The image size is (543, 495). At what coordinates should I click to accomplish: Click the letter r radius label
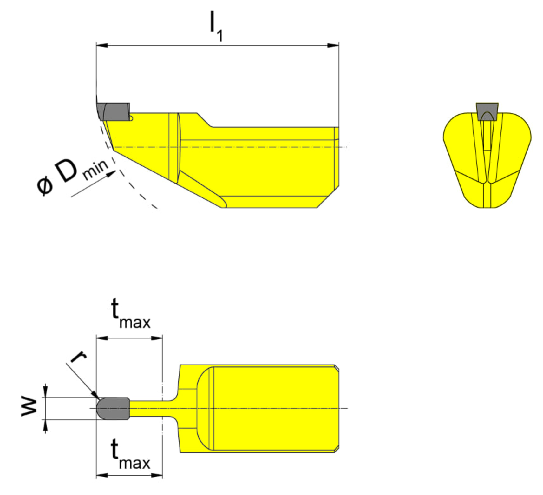point(78,357)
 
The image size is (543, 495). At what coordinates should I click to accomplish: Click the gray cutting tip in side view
point(114,111)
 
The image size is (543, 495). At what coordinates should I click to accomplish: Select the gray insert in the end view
point(487,111)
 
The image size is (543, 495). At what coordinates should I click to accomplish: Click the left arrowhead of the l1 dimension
point(102,45)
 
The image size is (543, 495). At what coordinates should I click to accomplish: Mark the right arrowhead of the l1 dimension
point(333,45)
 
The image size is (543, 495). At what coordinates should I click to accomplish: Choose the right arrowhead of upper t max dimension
point(157,338)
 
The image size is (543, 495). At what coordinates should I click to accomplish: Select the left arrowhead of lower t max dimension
point(102,475)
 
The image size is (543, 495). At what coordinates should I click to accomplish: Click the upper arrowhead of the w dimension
point(45,391)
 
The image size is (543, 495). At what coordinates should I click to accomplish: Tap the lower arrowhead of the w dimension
point(45,425)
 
